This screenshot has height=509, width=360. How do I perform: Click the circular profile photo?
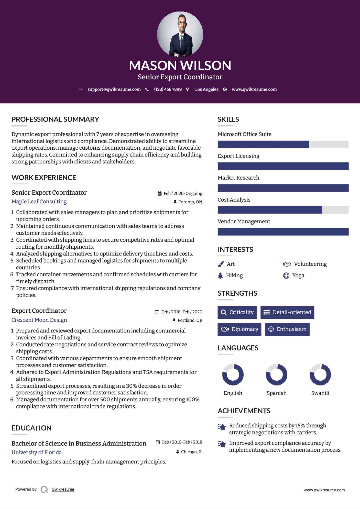(180, 34)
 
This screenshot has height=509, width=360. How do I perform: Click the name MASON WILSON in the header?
(180, 65)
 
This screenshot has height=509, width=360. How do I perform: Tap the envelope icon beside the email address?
(81, 90)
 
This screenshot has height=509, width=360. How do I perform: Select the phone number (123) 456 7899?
(168, 90)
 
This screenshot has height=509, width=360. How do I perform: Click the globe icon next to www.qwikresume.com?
(225, 90)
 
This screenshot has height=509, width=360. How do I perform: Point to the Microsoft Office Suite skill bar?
(283, 144)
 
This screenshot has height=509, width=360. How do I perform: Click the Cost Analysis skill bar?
(283, 210)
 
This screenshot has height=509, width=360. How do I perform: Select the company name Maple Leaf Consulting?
(39, 202)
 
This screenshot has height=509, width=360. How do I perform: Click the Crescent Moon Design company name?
(39, 320)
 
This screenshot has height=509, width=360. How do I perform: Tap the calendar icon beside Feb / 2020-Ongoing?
(159, 194)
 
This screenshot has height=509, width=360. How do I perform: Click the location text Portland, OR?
(190, 320)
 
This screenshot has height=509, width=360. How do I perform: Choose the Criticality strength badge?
(237, 312)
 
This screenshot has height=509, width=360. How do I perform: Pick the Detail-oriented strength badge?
(287, 312)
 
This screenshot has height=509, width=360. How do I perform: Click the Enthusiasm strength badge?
(287, 329)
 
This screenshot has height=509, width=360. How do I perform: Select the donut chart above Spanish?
(277, 375)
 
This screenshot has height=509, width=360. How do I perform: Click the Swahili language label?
(320, 393)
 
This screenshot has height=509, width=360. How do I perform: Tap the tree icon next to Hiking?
(220, 275)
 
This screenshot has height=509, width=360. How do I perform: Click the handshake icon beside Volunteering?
(287, 264)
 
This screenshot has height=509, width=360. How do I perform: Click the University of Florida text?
(37, 452)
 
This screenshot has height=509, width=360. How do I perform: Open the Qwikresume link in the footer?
(63, 489)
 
